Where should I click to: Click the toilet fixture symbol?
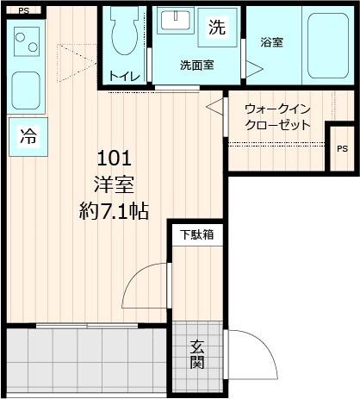[x=126, y=34]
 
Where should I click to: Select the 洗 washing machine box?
[x=216, y=26]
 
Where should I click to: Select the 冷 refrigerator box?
[x=28, y=136]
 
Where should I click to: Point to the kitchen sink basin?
[x=28, y=90]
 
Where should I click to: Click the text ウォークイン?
[x=277, y=109]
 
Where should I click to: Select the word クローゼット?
[x=277, y=125]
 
